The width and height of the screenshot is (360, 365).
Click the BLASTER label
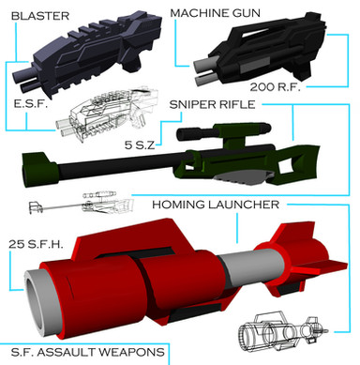(40, 16)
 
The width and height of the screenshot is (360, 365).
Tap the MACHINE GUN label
(216, 13)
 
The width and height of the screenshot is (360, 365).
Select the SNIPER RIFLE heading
(212, 104)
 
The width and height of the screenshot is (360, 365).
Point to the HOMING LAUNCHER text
(216, 205)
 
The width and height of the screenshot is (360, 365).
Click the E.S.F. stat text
(30, 103)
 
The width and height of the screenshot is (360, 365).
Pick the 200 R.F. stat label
(275, 86)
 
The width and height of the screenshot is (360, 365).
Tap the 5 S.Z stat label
(140, 145)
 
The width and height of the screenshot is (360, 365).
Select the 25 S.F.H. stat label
(36, 244)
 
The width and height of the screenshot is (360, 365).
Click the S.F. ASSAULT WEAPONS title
(87, 352)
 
